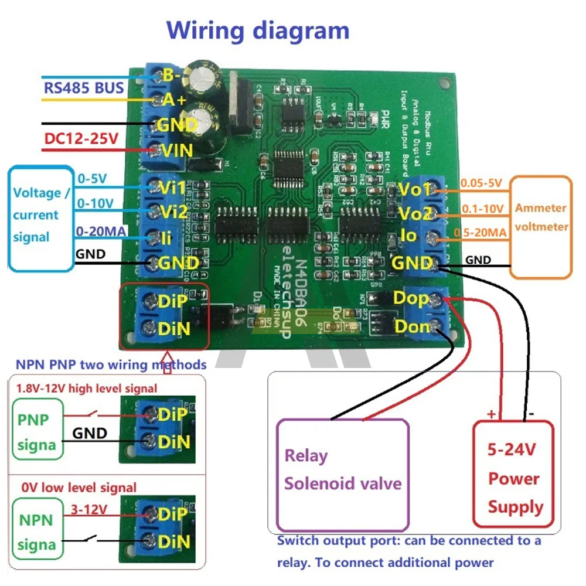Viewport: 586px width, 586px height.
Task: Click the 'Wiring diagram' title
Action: (x=258, y=30)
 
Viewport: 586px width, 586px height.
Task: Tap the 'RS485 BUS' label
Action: (x=84, y=88)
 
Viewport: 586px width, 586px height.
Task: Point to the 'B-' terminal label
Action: (x=171, y=75)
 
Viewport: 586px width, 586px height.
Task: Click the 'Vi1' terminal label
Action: (x=172, y=187)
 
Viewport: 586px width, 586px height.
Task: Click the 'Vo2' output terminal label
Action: (x=414, y=212)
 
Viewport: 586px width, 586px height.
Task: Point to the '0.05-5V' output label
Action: (x=481, y=183)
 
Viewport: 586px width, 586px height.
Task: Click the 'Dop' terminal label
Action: (x=410, y=298)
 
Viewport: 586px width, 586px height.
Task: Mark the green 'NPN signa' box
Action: (x=36, y=532)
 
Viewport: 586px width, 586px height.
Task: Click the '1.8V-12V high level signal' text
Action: (x=87, y=388)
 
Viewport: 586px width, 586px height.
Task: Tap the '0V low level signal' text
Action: (x=79, y=488)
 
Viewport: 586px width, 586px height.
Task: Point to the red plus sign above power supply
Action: (x=491, y=414)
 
